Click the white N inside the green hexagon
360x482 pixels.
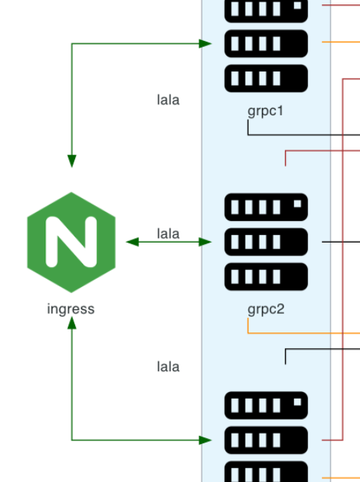[71, 242]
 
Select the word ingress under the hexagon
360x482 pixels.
[71, 309]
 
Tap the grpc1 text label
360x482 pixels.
[266, 112]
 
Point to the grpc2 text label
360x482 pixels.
[266, 308]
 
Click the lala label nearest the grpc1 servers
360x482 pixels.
[168, 100]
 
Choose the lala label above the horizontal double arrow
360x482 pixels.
[168, 234]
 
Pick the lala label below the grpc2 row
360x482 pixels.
[168, 367]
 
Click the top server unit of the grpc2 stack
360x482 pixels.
[266, 207]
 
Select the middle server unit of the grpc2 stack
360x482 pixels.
[266, 242]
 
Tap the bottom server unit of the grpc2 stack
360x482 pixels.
[266, 277]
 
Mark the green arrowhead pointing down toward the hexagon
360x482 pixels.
[71, 161]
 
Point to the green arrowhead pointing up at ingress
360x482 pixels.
[71, 322]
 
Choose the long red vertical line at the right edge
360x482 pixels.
[342, 260]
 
